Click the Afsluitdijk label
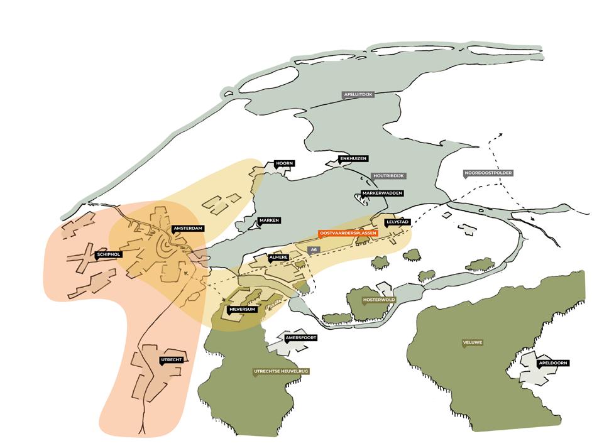[x=358, y=95]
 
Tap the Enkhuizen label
[x=353, y=159]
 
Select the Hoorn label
[x=285, y=163]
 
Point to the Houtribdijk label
[x=387, y=176]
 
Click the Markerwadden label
[x=382, y=193]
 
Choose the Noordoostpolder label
[x=488, y=172]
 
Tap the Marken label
[x=268, y=220]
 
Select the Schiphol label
[x=108, y=254]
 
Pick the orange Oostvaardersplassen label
[x=348, y=233]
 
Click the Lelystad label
[x=397, y=222]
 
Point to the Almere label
[x=278, y=258]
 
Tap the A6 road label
[x=312, y=250]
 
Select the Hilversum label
[x=242, y=310]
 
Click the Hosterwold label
[x=378, y=300]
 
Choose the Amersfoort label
[x=301, y=338]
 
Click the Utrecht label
[x=171, y=360]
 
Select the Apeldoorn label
[x=553, y=363]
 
